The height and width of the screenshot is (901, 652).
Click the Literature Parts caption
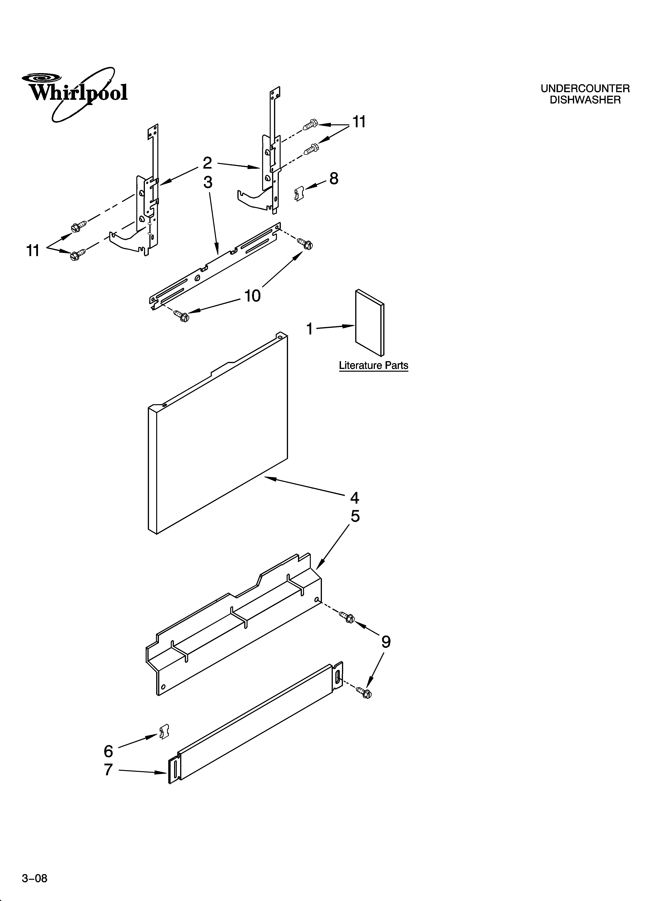[x=373, y=365]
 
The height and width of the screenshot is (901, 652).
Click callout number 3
[x=208, y=182]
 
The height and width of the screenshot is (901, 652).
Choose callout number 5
[x=355, y=516]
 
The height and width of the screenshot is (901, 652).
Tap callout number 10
[x=252, y=296]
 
